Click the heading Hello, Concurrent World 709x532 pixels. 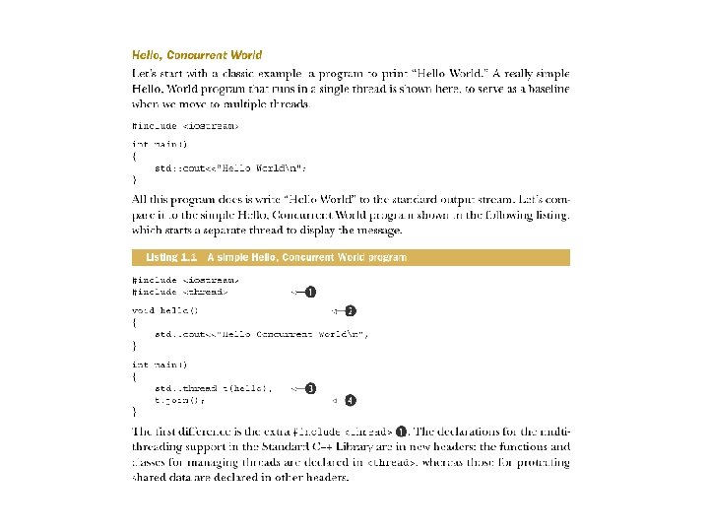pyautogui.click(x=197, y=55)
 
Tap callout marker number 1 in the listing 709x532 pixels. pyautogui.click(x=310, y=292)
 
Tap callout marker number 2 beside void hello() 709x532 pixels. pyautogui.click(x=350, y=311)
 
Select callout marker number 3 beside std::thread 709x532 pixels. pyautogui.click(x=310, y=389)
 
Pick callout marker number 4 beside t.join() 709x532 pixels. pyautogui.click(x=350, y=401)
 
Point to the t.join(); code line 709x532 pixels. pyautogui.click(x=179, y=401)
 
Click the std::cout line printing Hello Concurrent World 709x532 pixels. pyautogui.click(x=261, y=334)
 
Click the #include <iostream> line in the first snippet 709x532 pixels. pyautogui.click(x=185, y=125)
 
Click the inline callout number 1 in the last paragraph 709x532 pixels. pyautogui.click(x=403, y=432)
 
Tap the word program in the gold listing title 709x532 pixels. pyautogui.click(x=388, y=257)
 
